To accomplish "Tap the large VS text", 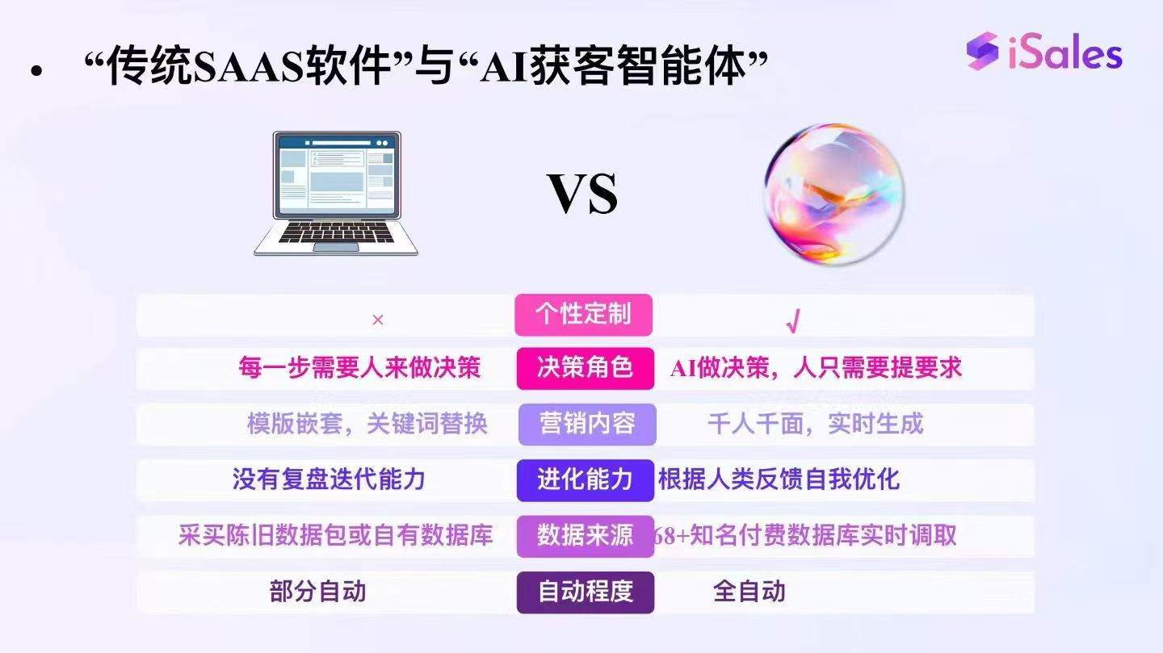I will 582,193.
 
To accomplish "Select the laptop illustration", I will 336,194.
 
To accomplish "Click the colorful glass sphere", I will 834,193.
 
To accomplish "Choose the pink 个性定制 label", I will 583,314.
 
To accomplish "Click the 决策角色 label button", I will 585,368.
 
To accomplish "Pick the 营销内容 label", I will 587,424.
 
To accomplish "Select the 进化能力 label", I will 585,479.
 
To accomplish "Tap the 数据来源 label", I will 585,535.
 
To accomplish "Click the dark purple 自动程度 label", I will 586,592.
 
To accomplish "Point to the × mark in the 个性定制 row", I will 377,320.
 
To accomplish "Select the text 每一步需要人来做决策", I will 359,368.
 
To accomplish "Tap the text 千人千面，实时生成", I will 815,424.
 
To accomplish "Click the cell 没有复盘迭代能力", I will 329,479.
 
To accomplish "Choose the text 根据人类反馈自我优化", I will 779,479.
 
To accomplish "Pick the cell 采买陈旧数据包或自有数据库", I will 335,535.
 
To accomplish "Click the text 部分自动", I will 317,592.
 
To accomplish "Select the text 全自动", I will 749,592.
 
